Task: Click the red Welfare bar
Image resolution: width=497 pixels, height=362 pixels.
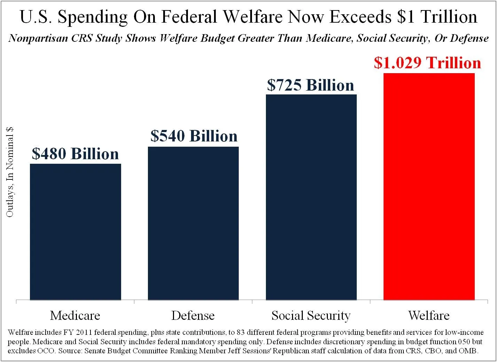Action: [429, 186]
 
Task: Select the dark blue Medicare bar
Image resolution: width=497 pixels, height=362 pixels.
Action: [76, 232]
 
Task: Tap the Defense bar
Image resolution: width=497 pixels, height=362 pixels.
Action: [193, 223]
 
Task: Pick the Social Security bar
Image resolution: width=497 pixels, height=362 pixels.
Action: [311, 197]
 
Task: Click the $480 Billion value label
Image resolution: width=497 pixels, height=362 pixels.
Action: [76, 154]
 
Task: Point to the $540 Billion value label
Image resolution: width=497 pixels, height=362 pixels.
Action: [194, 136]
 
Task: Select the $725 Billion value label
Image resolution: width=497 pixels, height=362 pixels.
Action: [310, 85]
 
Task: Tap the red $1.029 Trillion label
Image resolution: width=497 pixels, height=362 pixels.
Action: [427, 63]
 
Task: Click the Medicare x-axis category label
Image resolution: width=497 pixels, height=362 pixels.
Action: [75, 316]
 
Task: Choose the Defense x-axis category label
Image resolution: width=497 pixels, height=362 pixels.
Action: [193, 316]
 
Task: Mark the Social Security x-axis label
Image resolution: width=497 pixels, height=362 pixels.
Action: [311, 316]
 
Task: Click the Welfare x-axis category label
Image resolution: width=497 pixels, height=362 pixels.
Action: [429, 316]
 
